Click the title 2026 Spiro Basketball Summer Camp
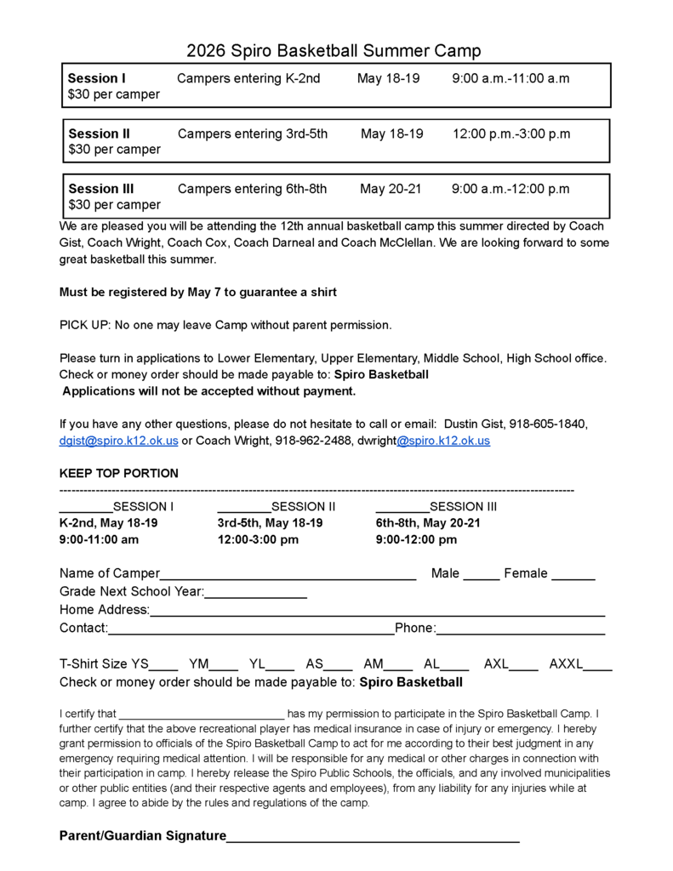(334, 50)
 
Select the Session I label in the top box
(96, 78)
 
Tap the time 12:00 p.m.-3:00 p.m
(510, 134)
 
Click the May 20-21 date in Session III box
(390, 189)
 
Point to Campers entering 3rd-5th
(252, 134)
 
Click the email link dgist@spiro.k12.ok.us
(118, 441)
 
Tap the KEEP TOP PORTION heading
(118, 473)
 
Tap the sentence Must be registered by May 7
(197, 292)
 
